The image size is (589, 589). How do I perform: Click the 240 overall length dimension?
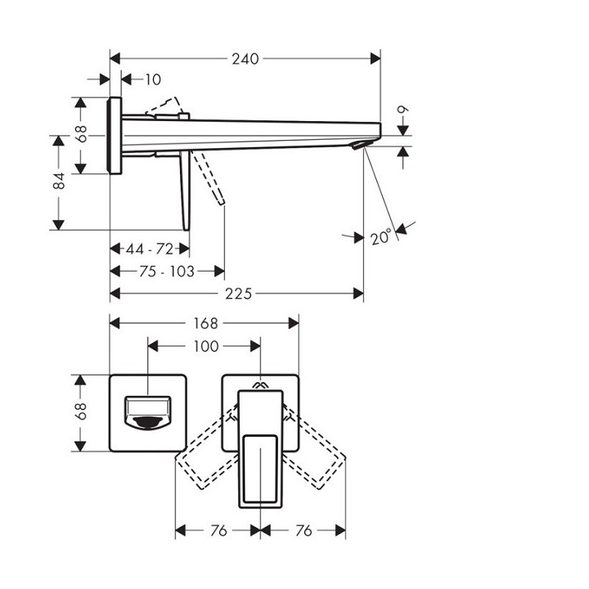coord(245,58)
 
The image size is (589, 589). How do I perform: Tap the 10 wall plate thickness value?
coord(154,79)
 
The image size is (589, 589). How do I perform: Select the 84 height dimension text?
coord(59,182)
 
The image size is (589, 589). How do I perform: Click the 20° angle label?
coord(381,237)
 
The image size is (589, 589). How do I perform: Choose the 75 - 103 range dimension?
coord(166,271)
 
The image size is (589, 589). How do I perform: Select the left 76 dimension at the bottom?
coord(218,531)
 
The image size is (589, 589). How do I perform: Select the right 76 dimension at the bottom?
coord(303,531)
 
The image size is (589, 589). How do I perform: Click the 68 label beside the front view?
coord(80,413)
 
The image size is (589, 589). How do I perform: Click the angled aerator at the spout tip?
coord(359,146)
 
